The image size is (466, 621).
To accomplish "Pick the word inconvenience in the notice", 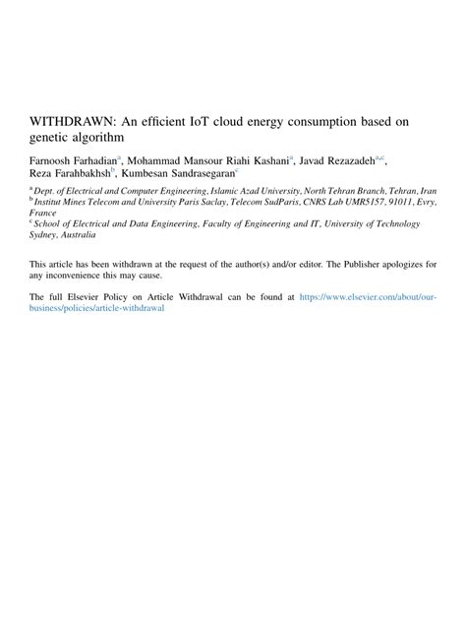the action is click(x=86, y=277).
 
